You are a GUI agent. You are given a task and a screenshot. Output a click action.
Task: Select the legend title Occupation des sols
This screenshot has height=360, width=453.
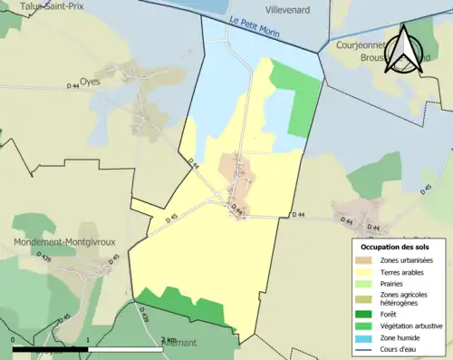pyautogui.click(x=397, y=247)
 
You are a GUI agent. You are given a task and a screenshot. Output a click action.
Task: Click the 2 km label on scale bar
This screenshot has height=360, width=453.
pyautogui.click(x=169, y=340)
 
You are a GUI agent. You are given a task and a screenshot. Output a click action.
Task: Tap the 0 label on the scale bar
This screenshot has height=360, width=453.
pyautogui.click(x=14, y=340)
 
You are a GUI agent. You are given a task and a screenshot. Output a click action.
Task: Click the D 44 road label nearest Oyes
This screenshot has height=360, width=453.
pyautogui.click(x=74, y=86)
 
